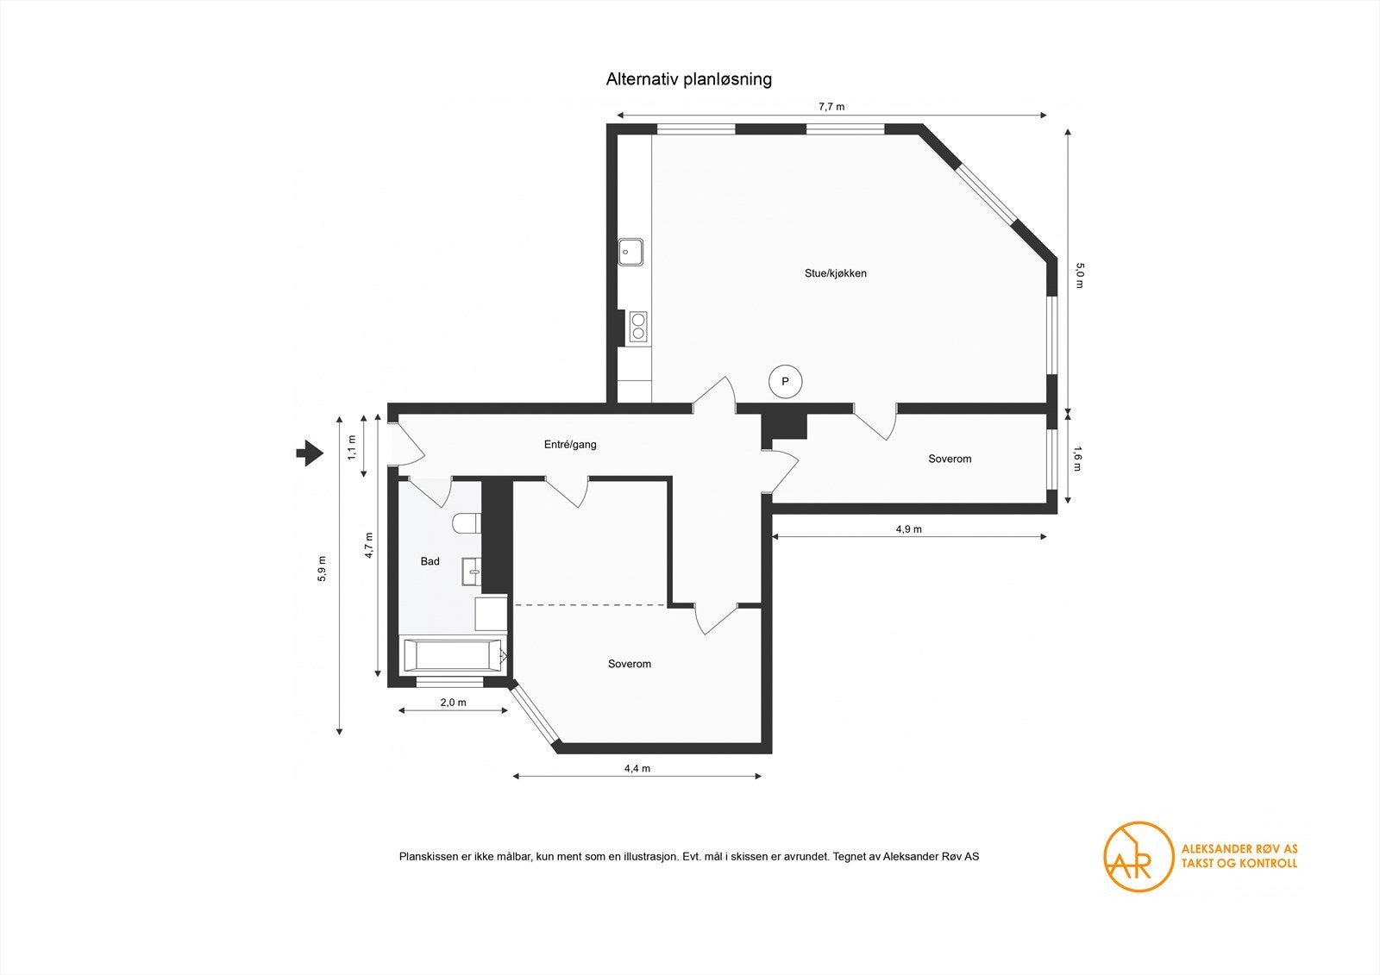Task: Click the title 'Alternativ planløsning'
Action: click(689, 79)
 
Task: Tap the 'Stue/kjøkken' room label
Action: click(836, 273)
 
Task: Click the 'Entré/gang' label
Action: click(570, 444)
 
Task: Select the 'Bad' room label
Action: click(430, 561)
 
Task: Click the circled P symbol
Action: click(786, 382)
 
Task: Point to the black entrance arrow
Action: click(310, 453)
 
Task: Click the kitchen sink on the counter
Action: click(630, 252)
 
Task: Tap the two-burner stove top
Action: click(637, 327)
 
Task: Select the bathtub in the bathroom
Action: click(454, 654)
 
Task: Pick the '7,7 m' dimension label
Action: click(831, 107)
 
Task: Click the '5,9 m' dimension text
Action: click(322, 568)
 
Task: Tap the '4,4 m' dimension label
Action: click(637, 768)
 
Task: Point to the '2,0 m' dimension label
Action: click(453, 702)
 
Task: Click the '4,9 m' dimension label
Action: click(909, 529)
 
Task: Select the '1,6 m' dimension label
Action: click(1077, 459)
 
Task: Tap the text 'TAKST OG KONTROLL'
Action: click(1239, 864)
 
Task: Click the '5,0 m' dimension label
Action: click(1080, 275)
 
